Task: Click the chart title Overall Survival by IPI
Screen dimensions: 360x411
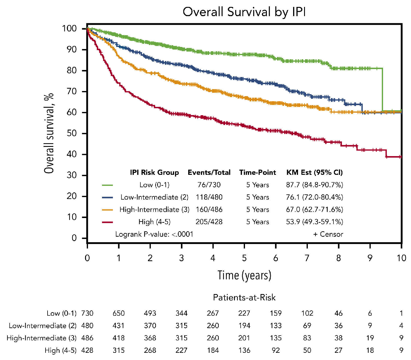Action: point(244,12)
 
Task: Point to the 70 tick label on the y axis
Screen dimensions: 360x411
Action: point(72,92)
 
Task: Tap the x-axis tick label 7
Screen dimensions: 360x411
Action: point(307,258)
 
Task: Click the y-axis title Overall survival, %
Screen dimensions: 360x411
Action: point(49,133)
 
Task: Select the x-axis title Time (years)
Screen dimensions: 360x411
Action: point(244,275)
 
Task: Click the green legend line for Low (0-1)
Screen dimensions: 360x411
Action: point(107,185)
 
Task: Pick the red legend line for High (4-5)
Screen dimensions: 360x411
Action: point(107,222)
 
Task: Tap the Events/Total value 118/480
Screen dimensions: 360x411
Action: point(209,197)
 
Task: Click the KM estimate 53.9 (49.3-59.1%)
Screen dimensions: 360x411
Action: point(314,222)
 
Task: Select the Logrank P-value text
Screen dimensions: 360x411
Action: point(154,234)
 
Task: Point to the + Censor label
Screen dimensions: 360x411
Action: point(328,234)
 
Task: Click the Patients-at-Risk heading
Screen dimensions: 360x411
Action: point(244,298)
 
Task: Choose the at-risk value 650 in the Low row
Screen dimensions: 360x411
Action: point(118,313)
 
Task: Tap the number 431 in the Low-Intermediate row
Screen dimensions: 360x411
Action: point(118,326)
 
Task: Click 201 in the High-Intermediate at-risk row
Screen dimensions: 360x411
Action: point(244,338)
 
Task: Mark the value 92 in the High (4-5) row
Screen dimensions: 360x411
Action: point(276,350)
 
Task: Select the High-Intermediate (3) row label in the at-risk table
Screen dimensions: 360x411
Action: point(42,338)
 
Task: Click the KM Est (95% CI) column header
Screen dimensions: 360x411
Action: point(314,173)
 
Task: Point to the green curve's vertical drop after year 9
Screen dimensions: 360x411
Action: point(382,89)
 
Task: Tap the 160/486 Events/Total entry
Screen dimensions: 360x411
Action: point(209,210)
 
